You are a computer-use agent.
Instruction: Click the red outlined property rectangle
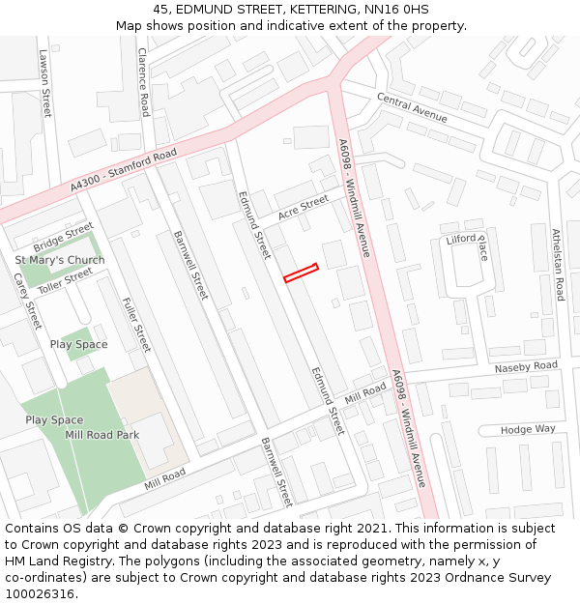point(301,273)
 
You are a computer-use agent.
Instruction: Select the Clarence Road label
point(143,82)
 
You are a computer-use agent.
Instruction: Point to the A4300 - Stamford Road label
point(124,169)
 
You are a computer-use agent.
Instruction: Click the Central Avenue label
point(412,108)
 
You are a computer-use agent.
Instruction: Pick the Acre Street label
point(303,208)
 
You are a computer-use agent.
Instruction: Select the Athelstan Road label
point(557,264)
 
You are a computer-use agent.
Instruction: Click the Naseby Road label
point(526,367)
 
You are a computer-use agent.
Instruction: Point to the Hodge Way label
point(528,429)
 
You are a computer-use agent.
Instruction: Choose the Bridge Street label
point(63,236)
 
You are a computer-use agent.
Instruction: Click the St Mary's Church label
point(60,261)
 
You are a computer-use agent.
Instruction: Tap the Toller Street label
point(66,281)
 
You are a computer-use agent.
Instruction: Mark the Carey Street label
point(27,301)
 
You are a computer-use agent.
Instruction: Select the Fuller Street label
point(137,325)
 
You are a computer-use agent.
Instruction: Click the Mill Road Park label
point(101,435)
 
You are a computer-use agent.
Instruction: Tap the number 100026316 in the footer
point(40,594)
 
